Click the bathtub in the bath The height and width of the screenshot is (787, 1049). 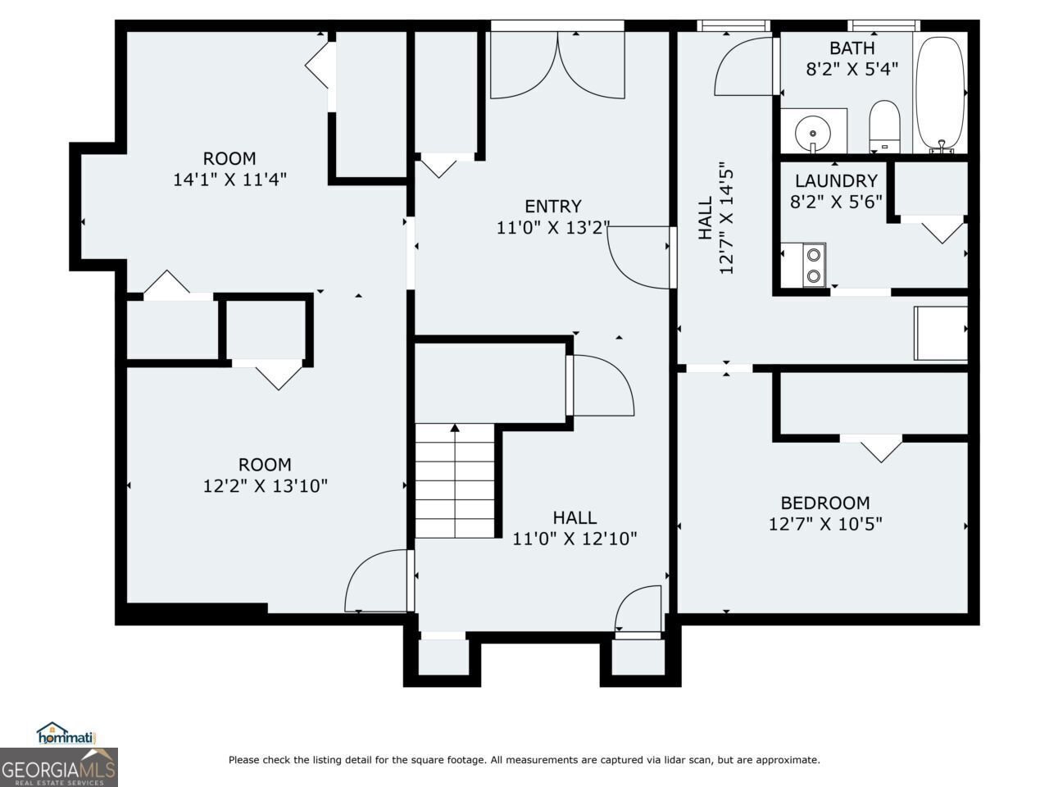tap(939, 93)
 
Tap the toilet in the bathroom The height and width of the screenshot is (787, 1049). tap(884, 126)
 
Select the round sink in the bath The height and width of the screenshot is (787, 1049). tap(813, 132)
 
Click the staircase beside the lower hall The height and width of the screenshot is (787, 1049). tap(455, 480)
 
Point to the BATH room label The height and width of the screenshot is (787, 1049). tap(852, 48)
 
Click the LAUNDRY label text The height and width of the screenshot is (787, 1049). tap(837, 181)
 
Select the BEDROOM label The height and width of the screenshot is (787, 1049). tap(825, 503)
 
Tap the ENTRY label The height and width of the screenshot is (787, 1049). tap(553, 207)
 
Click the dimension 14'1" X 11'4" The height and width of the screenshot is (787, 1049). tap(229, 180)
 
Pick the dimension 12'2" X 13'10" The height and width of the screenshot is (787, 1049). tap(266, 486)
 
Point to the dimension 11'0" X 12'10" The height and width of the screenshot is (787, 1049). tap(574, 539)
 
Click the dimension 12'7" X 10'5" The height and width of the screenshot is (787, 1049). tap(825, 524)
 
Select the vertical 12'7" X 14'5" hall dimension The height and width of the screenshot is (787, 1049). tap(726, 217)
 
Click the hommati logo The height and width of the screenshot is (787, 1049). tap(66, 733)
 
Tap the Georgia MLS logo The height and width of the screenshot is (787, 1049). tap(59, 767)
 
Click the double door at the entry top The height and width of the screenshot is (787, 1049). tap(558, 65)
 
